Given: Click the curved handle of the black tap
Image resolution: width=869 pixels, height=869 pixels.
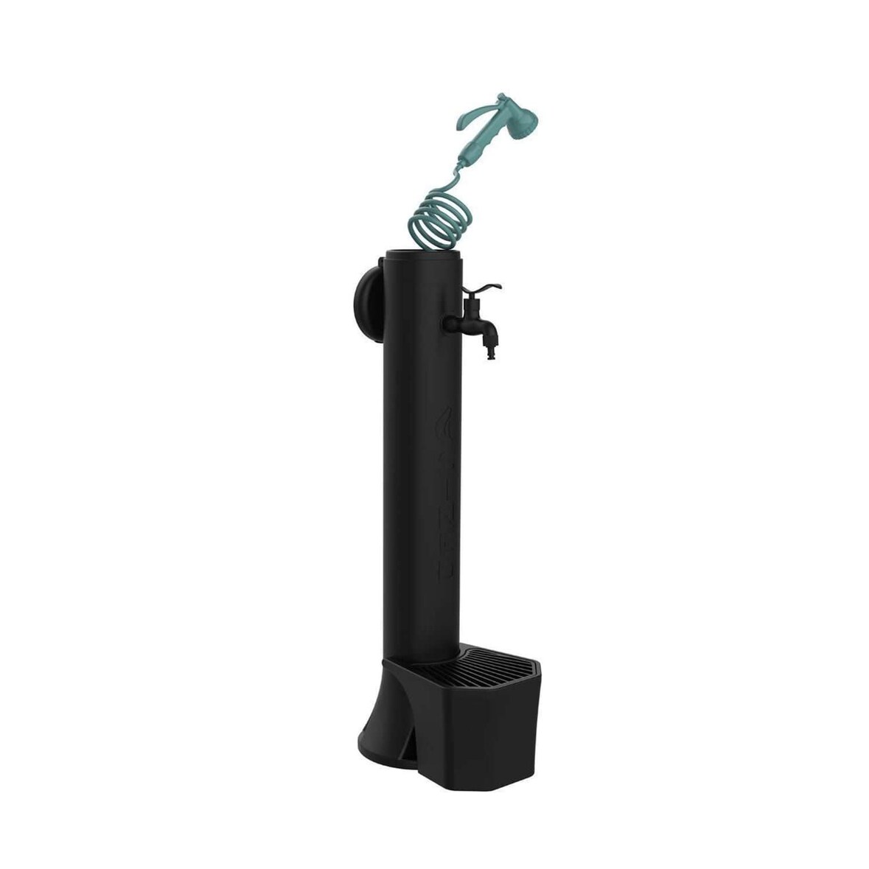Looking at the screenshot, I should pos(486,289).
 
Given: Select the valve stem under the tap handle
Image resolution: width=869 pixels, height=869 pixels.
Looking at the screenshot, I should pos(470,302).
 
